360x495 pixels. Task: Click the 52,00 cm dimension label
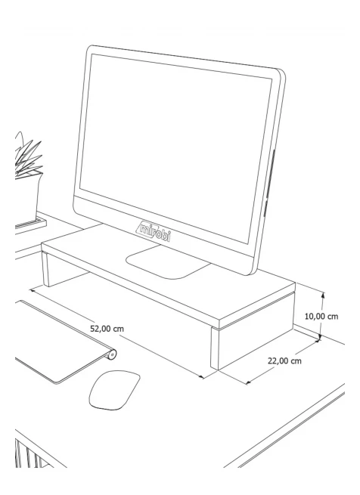[107, 329]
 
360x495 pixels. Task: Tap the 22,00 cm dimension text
[284, 360]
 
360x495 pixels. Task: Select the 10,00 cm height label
[321, 316]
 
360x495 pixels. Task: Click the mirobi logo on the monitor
[155, 231]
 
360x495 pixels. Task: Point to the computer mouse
[114, 390]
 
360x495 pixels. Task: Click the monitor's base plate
[167, 262]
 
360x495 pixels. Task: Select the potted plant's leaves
[27, 156]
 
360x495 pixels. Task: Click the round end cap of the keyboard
[112, 354]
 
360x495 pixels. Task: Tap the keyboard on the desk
[64, 342]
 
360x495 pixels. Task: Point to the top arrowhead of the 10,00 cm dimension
[322, 295]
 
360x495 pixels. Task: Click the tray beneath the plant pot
[30, 224]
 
